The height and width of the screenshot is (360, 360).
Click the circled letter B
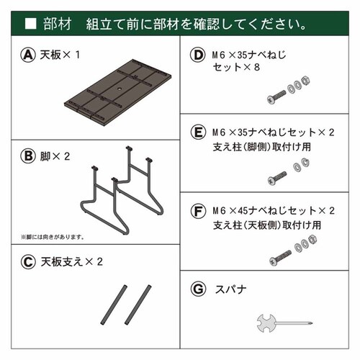tap(29, 156)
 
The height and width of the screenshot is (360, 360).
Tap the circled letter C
tap(29, 262)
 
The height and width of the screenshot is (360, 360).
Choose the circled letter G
tap(197, 290)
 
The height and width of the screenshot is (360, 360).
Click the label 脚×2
tap(58, 156)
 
